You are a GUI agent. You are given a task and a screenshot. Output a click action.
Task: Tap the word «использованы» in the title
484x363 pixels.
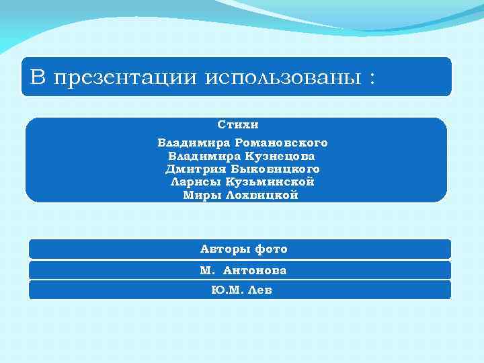tap(282, 78)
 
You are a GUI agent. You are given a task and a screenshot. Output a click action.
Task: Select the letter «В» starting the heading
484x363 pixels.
tap(38, 77)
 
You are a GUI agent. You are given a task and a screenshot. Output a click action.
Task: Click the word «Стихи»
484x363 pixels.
tap(238, 125)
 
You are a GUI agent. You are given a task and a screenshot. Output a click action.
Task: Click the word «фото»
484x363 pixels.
tap(270, 249)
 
